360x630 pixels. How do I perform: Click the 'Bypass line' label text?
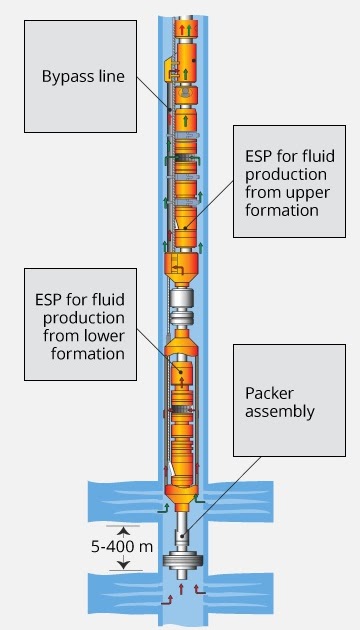point(84,77)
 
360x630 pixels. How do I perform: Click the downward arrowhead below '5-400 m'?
point(120,565)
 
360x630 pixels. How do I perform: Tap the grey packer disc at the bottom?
point(181,561)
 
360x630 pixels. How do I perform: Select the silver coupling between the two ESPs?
point(181,299)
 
